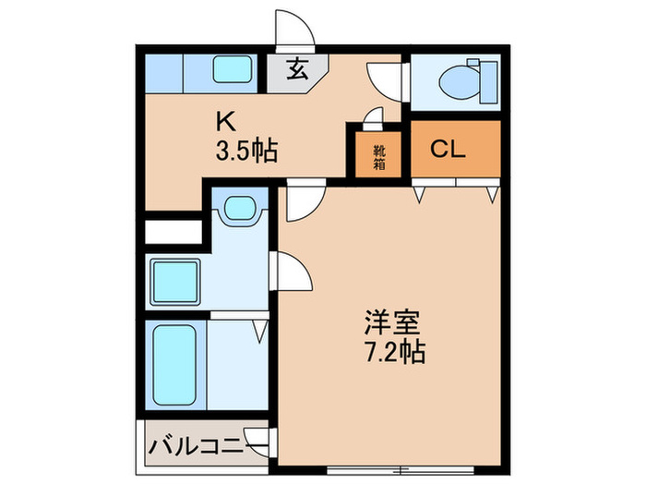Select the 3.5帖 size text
click(x=245, y=150)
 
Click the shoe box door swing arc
click(x=373, y=117)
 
